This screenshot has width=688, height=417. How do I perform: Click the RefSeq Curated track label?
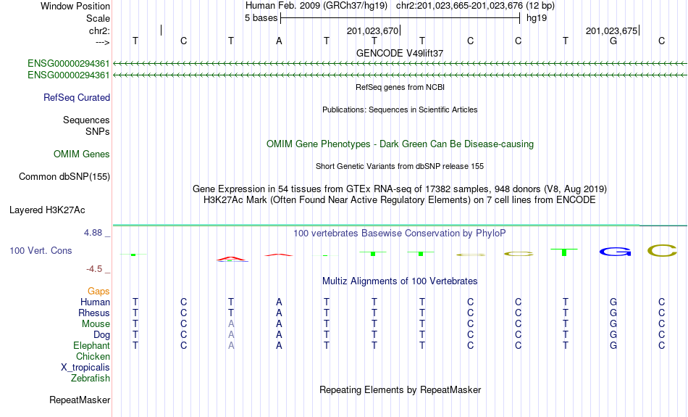point(77,98)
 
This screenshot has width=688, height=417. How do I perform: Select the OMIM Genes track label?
point(82,154)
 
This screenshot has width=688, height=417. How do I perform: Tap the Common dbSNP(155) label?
point(64,177)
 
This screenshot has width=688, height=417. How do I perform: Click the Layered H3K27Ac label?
point(47,210)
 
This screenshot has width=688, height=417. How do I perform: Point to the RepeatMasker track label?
point(80,400)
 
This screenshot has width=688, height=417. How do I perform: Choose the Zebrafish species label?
point(91,378)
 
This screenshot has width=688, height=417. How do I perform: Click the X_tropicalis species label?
point(85,368)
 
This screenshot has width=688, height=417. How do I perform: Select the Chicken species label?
point(93,356)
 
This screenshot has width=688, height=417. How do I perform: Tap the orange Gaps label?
point(98,291)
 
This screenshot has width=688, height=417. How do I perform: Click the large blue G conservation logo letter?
point(615,252)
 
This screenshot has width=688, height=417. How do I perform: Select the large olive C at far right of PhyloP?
point(662,251)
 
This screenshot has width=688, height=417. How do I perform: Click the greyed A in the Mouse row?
point(231,324)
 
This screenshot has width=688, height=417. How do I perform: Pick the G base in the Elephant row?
point(613,346)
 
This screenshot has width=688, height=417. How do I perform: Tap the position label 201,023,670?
point(372,30)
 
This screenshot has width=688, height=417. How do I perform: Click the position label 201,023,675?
point(611,30)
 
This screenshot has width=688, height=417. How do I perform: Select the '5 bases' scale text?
point(261,18)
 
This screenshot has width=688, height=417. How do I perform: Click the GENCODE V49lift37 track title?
point(400,53)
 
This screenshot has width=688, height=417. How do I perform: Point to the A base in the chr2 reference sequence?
point(279,41)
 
